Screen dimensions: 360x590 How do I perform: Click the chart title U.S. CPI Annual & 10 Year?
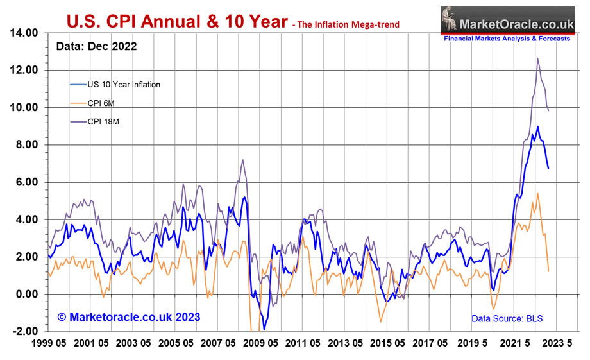(x=177, y=22)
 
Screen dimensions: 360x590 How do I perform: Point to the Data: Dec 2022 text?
(x=96, y=47)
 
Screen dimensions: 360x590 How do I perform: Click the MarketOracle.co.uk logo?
(x=505, y=19)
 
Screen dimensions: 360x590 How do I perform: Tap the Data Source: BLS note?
(x=506, y=318)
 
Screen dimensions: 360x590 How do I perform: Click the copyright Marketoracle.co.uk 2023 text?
(x=128, y=317)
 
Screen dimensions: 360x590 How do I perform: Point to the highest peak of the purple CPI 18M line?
(x=537, y=58)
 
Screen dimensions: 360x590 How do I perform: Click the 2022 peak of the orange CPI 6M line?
(x=537, y=193)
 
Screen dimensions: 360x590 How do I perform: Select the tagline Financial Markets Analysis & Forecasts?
(x=507, y=39)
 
